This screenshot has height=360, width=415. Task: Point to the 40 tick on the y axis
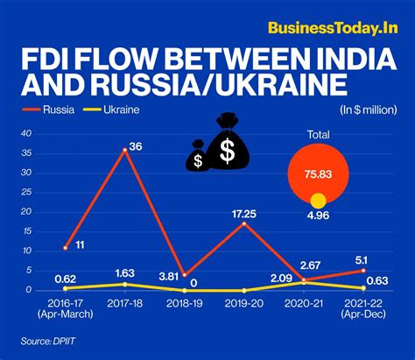tap(25, 133)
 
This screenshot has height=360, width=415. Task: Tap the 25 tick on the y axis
tap(25, 192)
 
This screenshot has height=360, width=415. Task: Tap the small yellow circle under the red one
tap(319, 201)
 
